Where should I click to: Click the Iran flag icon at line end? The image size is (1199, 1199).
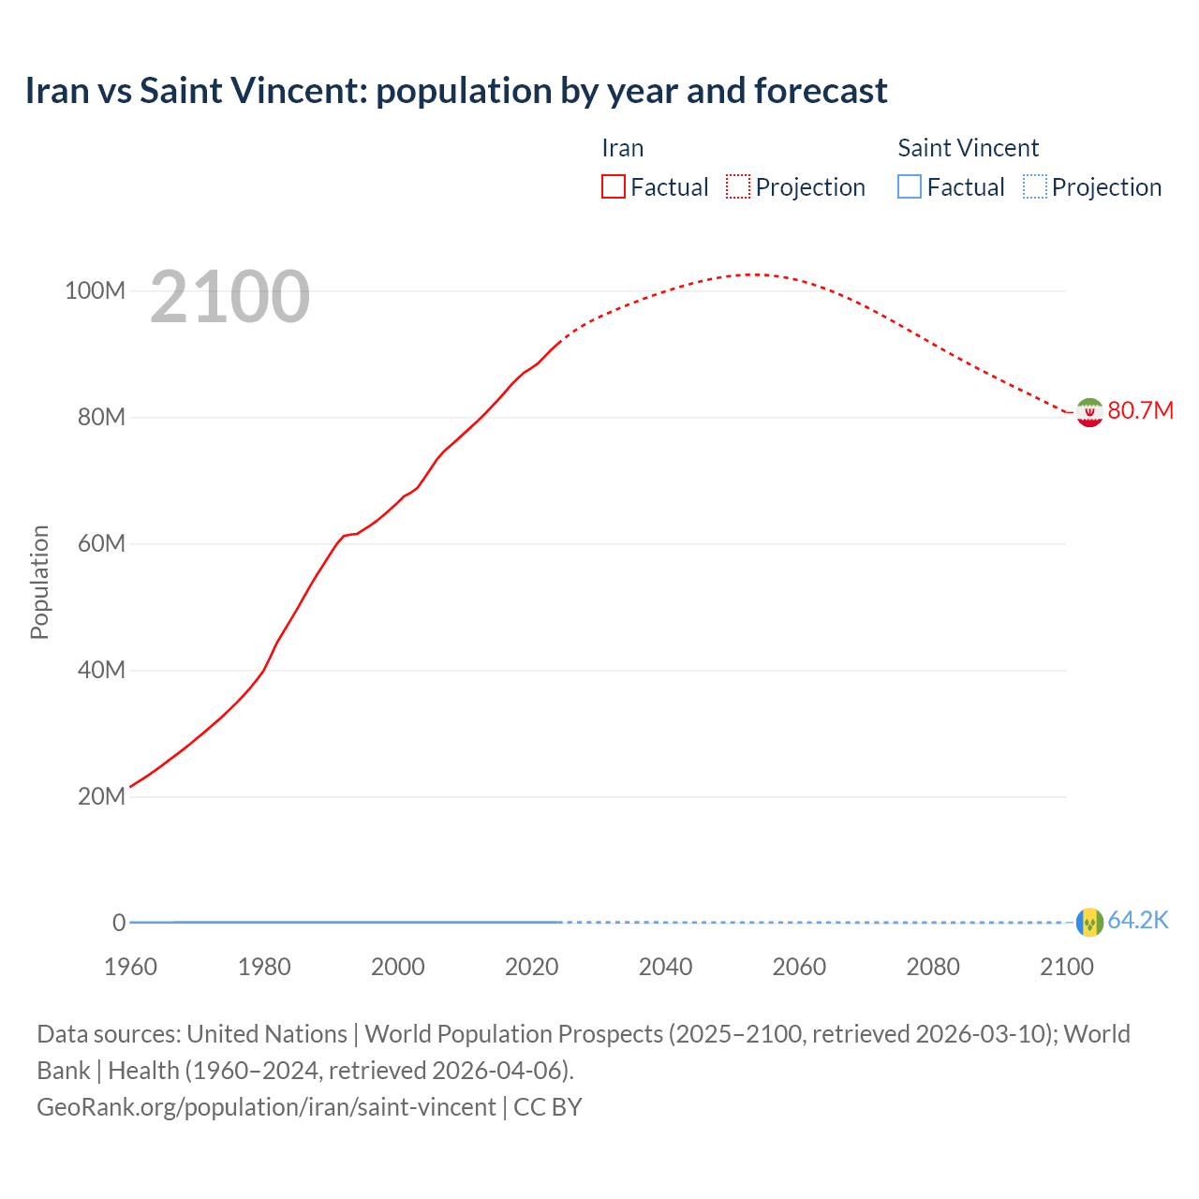pos(1089,412)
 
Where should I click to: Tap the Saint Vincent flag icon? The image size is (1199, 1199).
pos(1089,923)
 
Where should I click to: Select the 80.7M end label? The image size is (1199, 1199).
pos(1140,411)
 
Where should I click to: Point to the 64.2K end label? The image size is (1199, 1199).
pos(1138,921)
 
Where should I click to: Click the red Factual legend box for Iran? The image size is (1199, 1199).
pos(613,187)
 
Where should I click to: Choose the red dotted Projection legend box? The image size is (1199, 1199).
pos(738,187)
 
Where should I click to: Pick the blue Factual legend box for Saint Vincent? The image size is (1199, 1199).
pos(910,187)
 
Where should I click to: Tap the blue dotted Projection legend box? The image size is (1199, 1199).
pos(1035,187)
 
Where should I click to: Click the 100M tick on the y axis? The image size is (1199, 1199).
pos(95,291)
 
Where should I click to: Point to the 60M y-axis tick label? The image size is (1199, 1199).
pos(101,544)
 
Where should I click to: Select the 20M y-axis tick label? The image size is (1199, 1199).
pos(101,797)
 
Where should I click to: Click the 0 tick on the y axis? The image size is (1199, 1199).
pos(119,924)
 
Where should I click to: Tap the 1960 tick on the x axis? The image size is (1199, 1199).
pos(130,967)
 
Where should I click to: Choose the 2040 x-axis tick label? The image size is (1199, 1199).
pos(665,967)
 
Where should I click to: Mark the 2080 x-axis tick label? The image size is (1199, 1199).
pos(933,967)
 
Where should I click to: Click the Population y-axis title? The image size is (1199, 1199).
pos(39,583)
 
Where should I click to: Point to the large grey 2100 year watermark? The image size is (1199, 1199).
pos(229,297)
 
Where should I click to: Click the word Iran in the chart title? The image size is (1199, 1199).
pos(57,91)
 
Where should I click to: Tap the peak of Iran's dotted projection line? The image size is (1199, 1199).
pos(752,274)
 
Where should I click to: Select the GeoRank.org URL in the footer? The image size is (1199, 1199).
pos(266,1107)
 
